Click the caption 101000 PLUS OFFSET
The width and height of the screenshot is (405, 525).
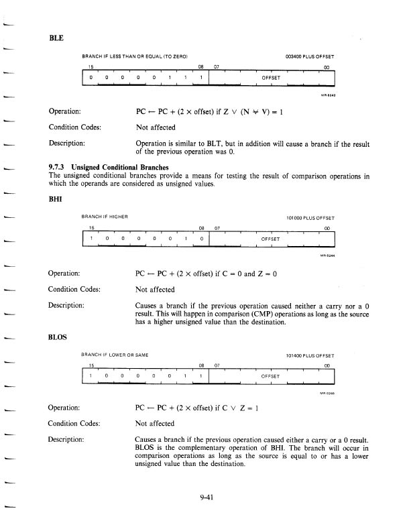tap(310, 217)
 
